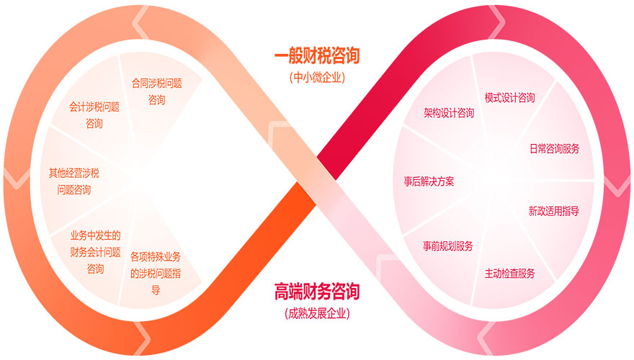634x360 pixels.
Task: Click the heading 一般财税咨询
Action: click(x=317, y=55)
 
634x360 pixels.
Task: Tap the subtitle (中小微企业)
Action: click(x=317, y=78)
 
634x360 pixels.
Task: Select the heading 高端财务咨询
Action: click(x=317, y=292)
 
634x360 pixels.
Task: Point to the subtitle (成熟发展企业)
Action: click(x=317, y=313)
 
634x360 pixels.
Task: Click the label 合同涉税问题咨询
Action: click(x=156, y=91)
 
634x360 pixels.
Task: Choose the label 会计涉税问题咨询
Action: click(x=94, y=114)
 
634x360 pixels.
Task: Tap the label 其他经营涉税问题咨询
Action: click(x=74, y=181)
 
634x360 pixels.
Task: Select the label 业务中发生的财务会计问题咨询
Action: click(x=95, y=252)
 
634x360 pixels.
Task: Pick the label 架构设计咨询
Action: click(x=449, y=112)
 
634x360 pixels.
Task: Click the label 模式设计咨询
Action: click(x=509, y=97)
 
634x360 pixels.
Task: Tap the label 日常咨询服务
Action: click(x=555, y=149)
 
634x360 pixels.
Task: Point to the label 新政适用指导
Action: click(x=554, y=211)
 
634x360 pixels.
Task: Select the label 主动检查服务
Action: click(x=510, y=273)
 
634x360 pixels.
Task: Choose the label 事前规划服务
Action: click(x=448, y=246)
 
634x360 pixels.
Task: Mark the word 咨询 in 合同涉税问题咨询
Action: click(x=156, y=100)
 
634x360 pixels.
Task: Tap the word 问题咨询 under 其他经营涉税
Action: click(x=74, y=190)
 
